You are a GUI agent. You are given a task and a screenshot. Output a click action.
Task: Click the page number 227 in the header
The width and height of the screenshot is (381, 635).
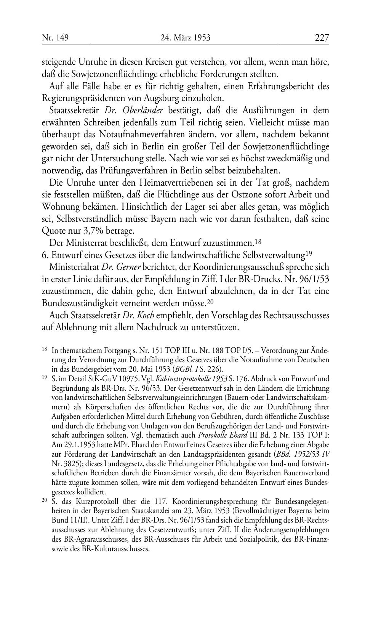(322, 38)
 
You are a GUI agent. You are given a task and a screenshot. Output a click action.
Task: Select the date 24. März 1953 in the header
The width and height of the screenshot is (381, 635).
(186, 38)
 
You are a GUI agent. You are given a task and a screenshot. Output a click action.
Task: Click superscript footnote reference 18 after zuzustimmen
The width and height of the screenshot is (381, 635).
(258, 242)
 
